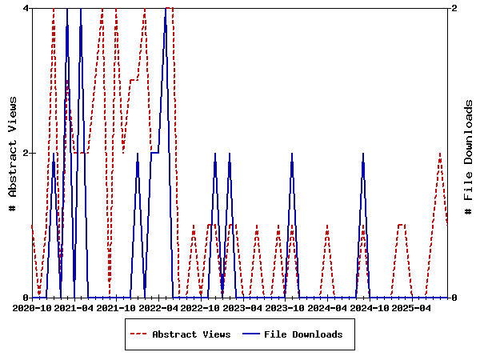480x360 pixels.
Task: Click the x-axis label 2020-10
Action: [x=32, y=307]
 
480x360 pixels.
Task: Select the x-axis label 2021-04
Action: [x=74, y=307]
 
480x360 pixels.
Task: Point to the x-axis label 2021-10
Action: [x=117, y=307]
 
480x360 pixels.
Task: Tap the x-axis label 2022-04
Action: [x=158, y=307]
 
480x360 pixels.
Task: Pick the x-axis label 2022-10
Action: [x=201, y=307]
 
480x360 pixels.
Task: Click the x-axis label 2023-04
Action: [x=242, y=307]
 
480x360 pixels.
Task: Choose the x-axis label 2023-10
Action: [x=285, y=307]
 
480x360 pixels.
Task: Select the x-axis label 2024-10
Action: [x=369, y=307]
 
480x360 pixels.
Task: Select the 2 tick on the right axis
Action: [x=454, y=8]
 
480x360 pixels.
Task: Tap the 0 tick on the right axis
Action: [x=454, y=298]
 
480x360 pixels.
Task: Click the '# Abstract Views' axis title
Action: [x=13, y=153]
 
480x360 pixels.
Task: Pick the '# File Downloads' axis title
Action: [x=469, y=153]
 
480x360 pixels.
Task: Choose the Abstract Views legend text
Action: [x=191, y=334]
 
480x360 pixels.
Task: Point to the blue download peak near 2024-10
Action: [x=362, y=154]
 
